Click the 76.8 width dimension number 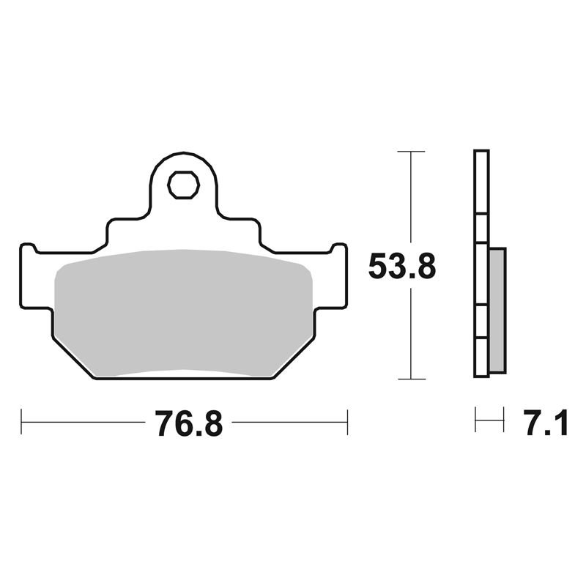tap(189, 423)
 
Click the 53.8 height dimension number tap(402, 266)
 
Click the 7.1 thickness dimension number tap(546, 423)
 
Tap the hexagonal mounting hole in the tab tap(184, 185)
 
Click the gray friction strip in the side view tap(497, 310)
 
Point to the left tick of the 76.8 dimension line tap(21, 422)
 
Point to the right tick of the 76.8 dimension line tap(347, 422)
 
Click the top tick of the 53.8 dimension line tap(411, 152)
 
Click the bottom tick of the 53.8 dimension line tap(412, 379)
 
